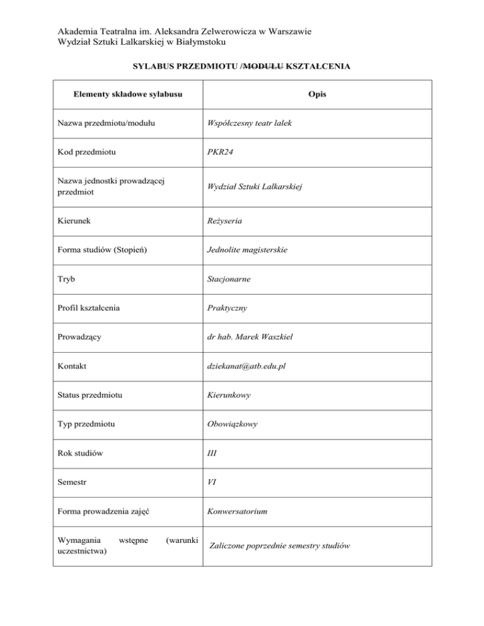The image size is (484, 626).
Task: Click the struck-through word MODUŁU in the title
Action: (x=264, y=65)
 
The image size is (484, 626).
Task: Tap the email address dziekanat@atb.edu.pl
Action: (x=247, y=366)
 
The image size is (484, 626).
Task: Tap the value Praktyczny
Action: (x=226, y=309)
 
